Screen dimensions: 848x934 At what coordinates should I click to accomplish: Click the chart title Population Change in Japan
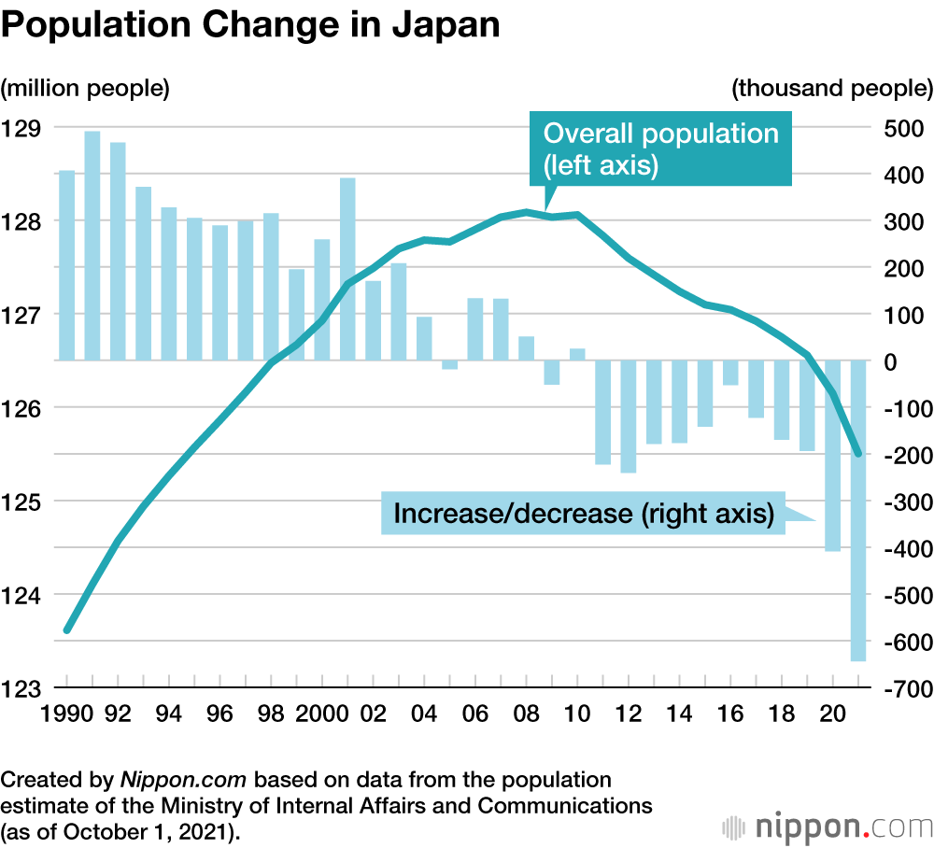[250, 25]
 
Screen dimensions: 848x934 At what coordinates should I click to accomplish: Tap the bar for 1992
[118, 251]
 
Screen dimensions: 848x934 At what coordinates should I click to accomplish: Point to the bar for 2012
[628, 417]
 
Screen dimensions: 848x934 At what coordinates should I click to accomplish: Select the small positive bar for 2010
[577, 354]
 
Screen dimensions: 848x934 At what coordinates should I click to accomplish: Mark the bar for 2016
[730, 373]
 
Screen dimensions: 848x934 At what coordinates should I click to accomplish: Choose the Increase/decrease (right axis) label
[583, 514]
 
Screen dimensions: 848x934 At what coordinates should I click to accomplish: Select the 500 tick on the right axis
[904, 128]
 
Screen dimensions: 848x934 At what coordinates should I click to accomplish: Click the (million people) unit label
[85, 89]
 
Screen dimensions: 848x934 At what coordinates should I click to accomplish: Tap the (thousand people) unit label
[832, 89]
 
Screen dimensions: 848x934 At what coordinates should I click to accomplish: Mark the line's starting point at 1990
[66, 630]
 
